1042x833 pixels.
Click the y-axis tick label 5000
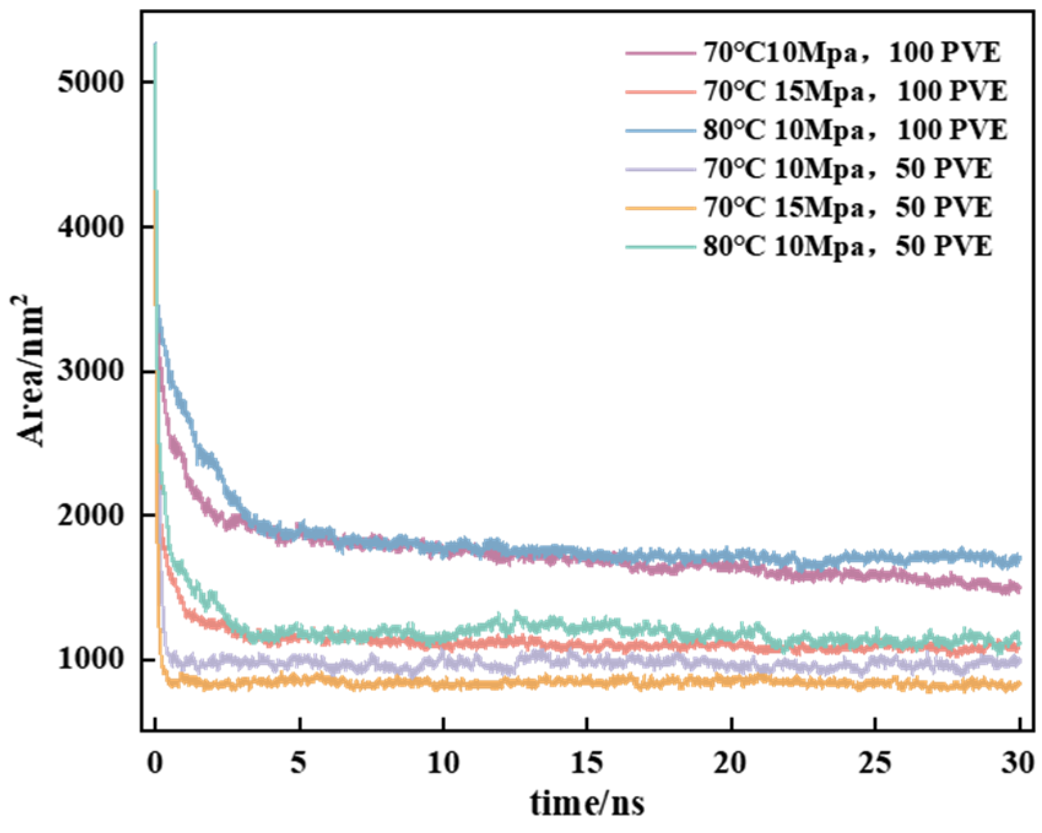(x=91, y=82)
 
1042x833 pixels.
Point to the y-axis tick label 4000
(x=91, y=227)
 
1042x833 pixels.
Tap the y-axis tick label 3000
(x=91, y=371)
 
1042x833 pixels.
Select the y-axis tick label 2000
(x=91, y=515)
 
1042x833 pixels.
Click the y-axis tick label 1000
(x=91, y=659)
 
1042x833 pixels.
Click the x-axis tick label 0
(x=155, y=763)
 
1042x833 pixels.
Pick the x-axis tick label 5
(x=299, y=763)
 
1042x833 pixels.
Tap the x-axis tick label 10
(x=443, y=763)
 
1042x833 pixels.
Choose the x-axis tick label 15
(x=587, y=763)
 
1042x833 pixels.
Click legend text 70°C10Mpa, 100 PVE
(x=852, y=53)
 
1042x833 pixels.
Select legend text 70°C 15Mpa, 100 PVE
(x=855, y=92)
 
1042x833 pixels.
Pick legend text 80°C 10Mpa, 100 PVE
(x=855, y=131)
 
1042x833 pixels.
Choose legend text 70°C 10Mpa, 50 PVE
(x=848, y=169)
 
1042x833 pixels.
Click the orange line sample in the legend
(x=661, y=208)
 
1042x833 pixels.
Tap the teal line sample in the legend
(x=661, y=247)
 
